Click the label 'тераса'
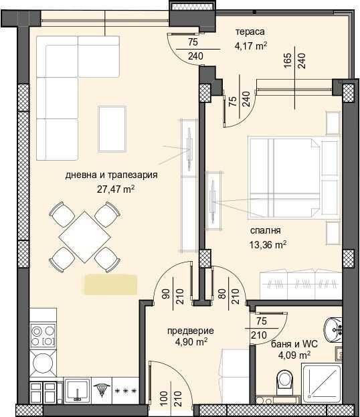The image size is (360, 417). (x=250, y=32)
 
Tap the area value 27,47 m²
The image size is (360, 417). (x=116, y=189)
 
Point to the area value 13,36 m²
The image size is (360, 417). (x=268, y=244)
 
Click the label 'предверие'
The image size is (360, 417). (x=191, y=330)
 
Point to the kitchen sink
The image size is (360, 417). (x=79, y=390)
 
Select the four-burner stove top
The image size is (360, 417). (x=41, y=335)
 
